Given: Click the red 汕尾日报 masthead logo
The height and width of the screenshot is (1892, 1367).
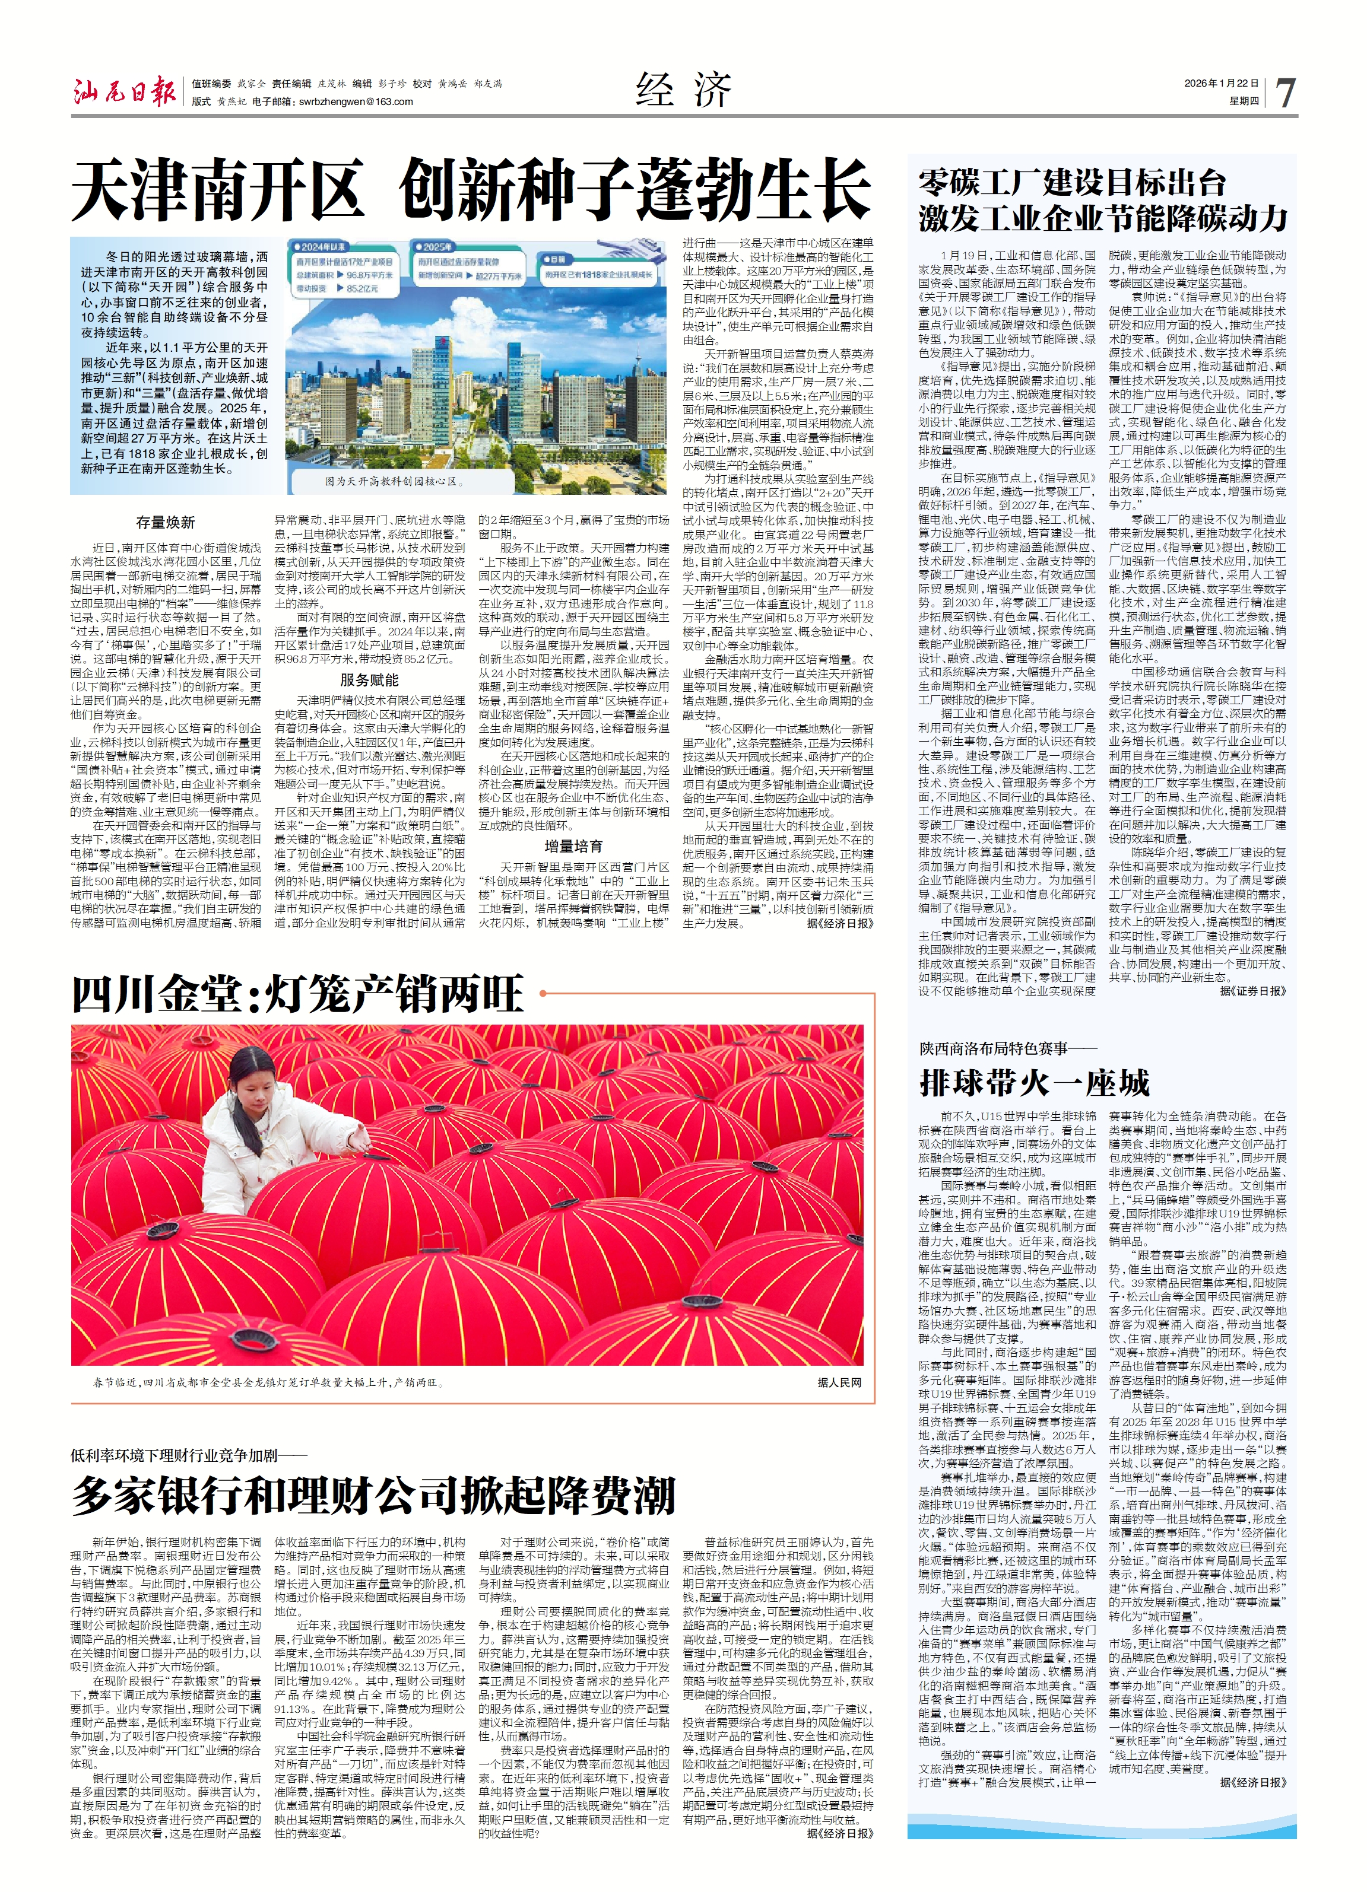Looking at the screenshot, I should pos(123,92).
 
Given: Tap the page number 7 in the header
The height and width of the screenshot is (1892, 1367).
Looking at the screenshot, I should pos(1285,93).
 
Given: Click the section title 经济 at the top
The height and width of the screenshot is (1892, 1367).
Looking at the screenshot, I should pos(683,90).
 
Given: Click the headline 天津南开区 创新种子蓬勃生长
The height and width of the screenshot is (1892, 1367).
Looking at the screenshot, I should pos(471,191).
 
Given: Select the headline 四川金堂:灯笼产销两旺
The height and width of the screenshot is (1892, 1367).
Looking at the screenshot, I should pos(298,994).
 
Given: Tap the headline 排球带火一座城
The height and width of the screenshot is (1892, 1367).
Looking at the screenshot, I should pos(1035,1083).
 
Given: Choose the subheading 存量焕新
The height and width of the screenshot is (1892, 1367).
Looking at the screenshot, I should pos(165,522).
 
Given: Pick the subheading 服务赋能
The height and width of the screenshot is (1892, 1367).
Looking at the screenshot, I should pos(369,680).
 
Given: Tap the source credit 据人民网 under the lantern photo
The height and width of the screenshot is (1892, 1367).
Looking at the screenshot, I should pos(839,1381).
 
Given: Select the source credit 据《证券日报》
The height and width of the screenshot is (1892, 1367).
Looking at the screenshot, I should pos(1252,990).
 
